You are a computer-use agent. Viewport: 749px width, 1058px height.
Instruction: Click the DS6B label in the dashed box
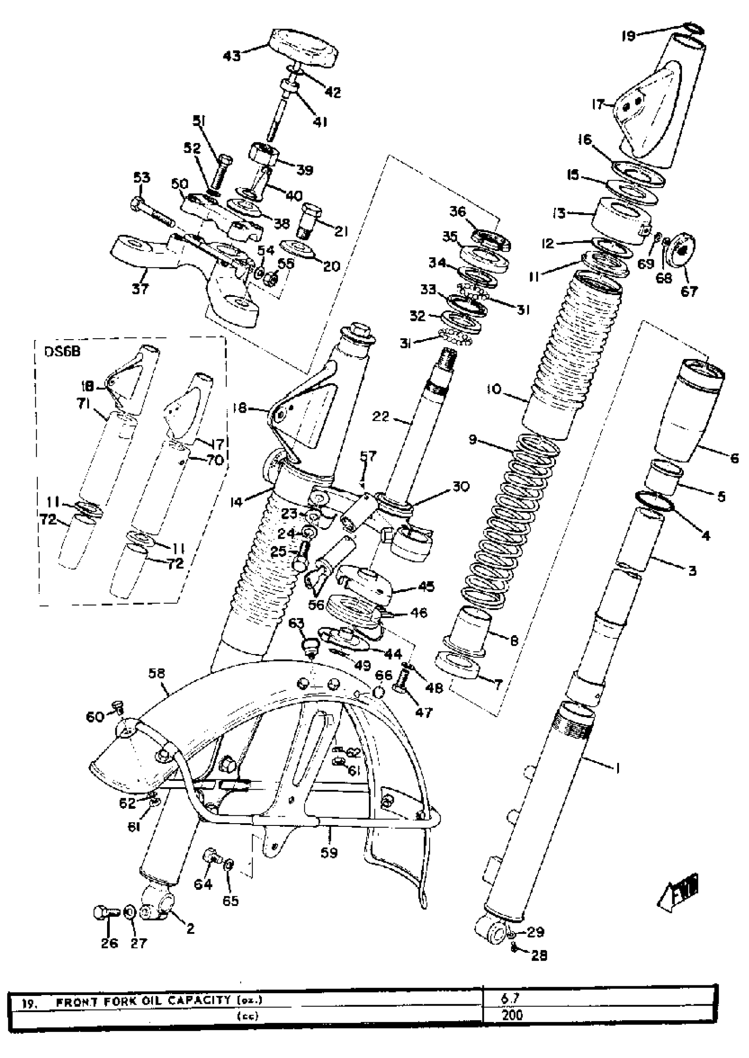(x=62, y=352)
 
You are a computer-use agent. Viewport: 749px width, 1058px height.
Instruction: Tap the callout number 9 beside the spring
(x=473, y=440)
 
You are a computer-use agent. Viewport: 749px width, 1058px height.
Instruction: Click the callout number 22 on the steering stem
(x=382, y=416)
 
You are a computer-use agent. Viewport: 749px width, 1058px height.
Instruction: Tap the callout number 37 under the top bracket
(x=140, y=289)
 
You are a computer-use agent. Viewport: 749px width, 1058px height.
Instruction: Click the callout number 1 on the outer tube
(x=618, y=768)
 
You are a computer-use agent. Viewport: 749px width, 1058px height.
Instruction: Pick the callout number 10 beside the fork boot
(x=493, y=389)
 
